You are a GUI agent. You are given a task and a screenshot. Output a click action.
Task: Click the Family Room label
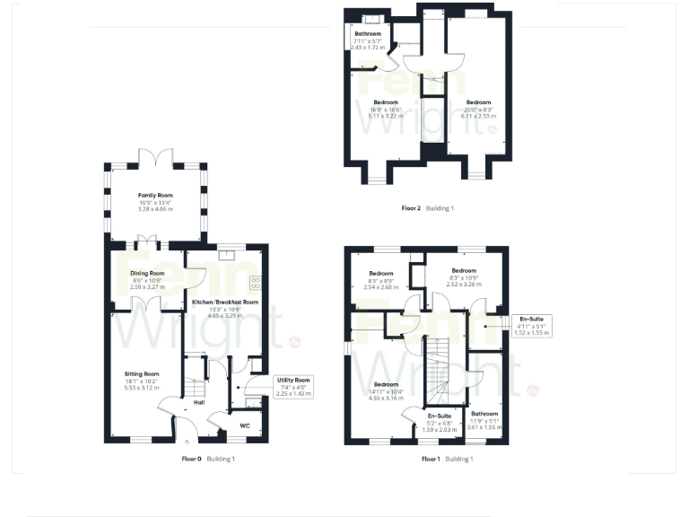[155, 195]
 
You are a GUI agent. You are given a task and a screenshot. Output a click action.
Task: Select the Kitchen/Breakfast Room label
[225, 302]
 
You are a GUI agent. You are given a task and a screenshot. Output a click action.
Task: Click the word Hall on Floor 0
[199, 402]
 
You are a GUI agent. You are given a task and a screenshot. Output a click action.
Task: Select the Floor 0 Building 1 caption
[208, 459]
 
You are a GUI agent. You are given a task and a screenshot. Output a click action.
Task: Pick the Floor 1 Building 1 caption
[447, 459]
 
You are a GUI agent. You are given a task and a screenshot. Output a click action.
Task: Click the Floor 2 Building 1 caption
[428, 208]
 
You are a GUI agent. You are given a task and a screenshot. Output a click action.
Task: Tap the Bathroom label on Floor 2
[367, 33]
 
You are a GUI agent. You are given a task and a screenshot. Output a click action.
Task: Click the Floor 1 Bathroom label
[484, 414]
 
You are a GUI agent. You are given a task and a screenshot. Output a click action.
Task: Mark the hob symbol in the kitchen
[255, 281]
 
